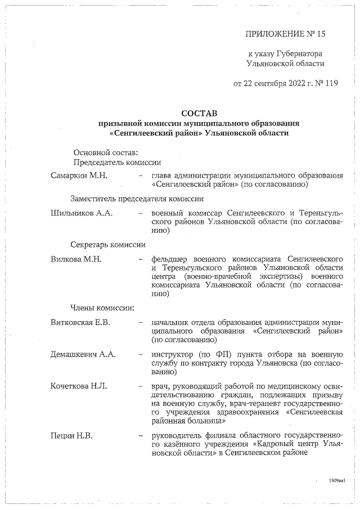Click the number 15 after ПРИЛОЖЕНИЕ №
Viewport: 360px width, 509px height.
click(321, 34)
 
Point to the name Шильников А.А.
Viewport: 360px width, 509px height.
click(82, 214)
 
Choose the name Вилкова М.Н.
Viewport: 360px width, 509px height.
click(75, 259)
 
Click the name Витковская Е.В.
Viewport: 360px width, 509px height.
click(79, 322)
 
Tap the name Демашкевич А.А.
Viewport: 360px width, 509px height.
click(83, 354)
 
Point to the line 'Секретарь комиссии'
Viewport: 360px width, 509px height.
click(108, 245)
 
